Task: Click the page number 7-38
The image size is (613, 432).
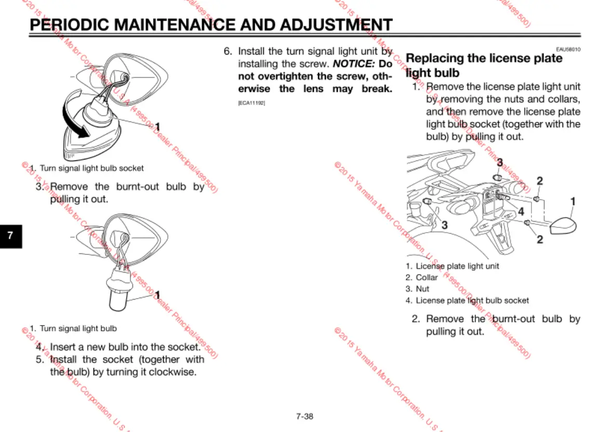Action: (x=305, y=416)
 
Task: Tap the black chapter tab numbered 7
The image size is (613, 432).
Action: (x=11, y=236)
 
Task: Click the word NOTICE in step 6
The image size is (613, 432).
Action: (x=353, y=64)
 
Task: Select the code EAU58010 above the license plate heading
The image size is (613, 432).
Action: (x=568, y=49)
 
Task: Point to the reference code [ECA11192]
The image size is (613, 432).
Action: (x=251, y=103)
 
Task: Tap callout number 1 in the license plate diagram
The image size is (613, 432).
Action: (x=573, y=201)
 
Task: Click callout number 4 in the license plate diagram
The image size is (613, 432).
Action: (x=521, y=211)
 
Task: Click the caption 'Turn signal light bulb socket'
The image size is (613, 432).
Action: (x=91, y=168)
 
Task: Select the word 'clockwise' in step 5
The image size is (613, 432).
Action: (x=176, y=372)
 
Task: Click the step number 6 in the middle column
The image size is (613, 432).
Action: (x=227, y=51)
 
